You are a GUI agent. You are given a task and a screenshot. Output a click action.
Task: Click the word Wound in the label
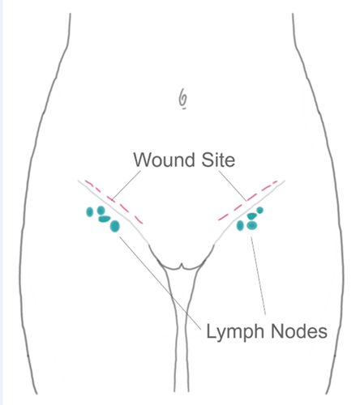coord(164,160)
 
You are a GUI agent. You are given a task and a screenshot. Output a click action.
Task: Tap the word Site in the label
coord(218,160)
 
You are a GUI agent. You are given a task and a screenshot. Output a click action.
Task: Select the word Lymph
coord(235,331)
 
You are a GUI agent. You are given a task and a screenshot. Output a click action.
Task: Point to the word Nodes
coord(299,331)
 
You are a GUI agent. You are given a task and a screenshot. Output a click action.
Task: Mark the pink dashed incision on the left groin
coord(114,202)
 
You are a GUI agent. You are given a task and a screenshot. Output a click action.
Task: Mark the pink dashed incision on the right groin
coord(248,200)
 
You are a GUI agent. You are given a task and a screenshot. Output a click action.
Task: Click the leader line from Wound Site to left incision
coord(126,185)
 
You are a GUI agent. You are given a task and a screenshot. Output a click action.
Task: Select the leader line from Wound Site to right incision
coord(233,185)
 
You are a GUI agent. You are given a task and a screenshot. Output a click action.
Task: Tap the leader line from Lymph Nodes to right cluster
coord(259,276)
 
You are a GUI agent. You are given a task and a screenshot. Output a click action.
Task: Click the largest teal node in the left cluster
coord(115,226)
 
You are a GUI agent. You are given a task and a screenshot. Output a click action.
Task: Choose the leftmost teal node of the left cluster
coord(90,212)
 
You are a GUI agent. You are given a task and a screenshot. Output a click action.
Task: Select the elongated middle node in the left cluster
coord(105,219)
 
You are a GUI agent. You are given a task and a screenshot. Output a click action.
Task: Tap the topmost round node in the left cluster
coord(101,210)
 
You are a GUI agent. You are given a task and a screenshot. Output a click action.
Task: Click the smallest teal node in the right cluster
coord(259,210)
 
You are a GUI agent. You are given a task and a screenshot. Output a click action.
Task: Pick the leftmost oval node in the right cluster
coord(240,225)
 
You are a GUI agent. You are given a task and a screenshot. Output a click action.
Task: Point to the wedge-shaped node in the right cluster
coord(251,215)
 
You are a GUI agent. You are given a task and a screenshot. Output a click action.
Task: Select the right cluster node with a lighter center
coord(252,225)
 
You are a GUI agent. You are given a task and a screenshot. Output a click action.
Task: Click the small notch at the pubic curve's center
coord(182,265)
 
